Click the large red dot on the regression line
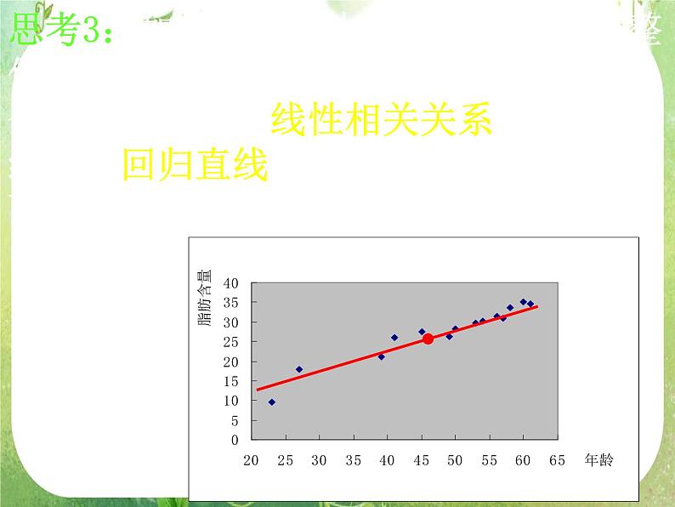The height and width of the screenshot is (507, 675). pos(428,339)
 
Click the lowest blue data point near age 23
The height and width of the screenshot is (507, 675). pos(271,402)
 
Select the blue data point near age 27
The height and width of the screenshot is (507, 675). pos(298,369)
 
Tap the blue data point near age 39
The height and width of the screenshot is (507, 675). pos(381,356)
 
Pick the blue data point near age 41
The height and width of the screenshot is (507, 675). pos(394,337)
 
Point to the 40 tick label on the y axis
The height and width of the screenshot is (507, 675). pos(231,282)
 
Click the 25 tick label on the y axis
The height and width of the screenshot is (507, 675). pos(231,342)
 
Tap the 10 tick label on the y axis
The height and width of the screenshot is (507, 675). pos(231,402)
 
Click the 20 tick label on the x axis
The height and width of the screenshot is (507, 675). pos(251,460)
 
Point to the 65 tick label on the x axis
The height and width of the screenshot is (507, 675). pos(557,460)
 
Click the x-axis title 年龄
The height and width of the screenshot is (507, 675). pos(598,459)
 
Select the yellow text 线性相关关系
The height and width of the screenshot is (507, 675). pos(381,121)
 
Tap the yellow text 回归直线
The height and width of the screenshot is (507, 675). pos(195,164)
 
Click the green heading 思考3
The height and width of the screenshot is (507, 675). pos(60,31)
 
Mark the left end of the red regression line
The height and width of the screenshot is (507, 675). pos(257,390)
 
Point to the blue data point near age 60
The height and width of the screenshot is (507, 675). pos(523,302)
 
